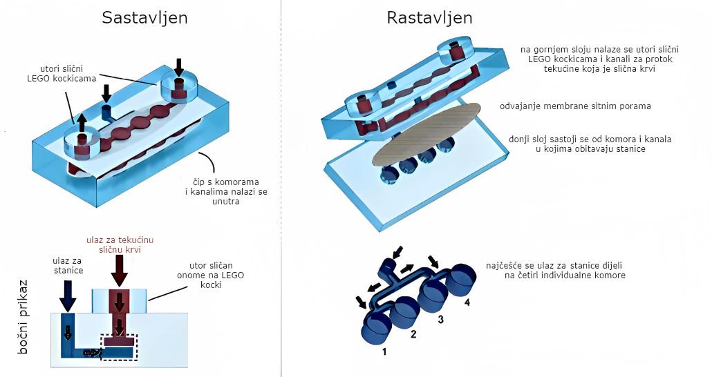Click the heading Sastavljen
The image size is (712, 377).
(x=144, y=17)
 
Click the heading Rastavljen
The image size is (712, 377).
(x=429, y=17)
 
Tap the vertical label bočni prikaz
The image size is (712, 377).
(x=24, y=316)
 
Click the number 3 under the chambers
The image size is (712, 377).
(x=440, y=319)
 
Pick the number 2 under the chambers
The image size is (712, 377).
(x=413, y=335)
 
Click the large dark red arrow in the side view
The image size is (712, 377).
(x=119, y=271)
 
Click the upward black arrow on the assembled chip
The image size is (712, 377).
(x=82, y=123)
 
